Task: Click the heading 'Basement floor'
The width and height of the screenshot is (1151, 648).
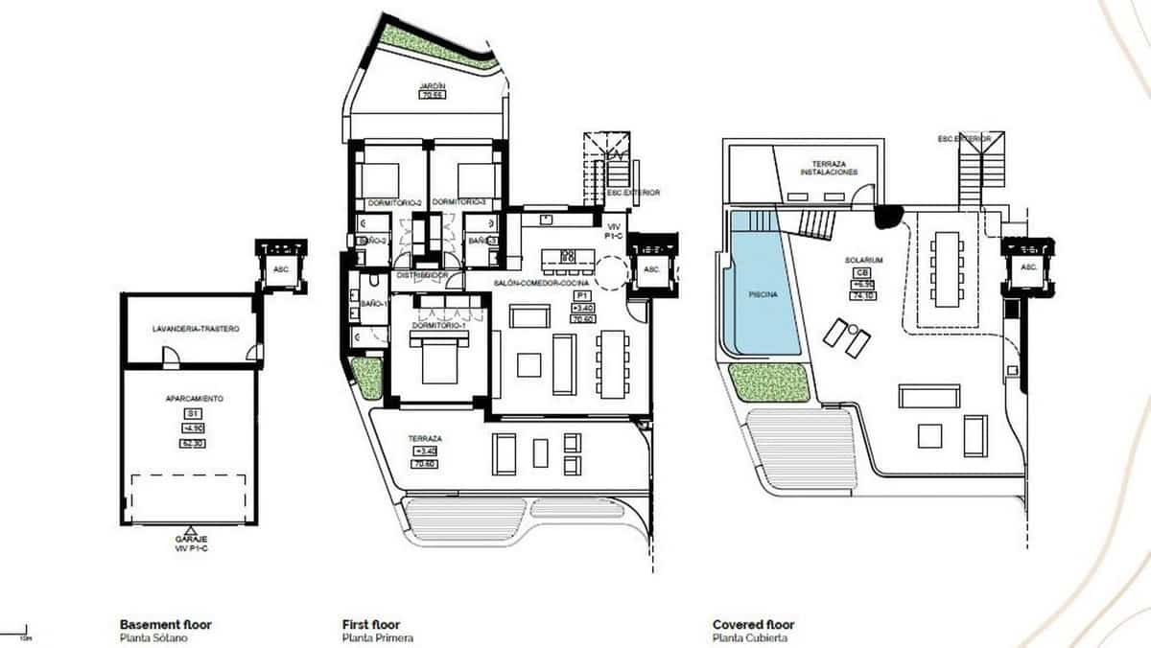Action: coord(165,625)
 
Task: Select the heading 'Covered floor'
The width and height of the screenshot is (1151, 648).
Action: coord(753,625)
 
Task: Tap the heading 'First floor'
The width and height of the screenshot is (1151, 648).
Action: coord(370,625)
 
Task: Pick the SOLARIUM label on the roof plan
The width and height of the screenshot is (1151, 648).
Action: coord(863,261)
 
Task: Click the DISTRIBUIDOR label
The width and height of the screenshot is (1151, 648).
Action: coord(424,276)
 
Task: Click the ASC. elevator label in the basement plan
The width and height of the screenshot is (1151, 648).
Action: coord(281,269)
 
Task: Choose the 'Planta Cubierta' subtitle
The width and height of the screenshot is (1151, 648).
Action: coord(750,638)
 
